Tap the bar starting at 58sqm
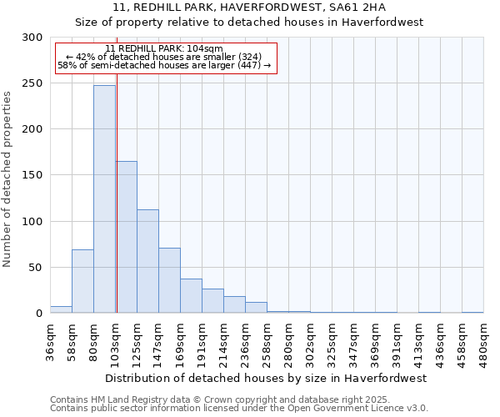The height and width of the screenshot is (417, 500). pos(82,281)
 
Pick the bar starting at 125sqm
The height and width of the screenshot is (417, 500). pos(147,261)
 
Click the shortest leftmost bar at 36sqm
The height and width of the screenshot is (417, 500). pos(61,309)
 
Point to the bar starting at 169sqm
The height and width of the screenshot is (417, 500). pos(191,296)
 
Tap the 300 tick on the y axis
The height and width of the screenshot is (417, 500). pos(32,38)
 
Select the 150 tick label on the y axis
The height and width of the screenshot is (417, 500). pos(32,175)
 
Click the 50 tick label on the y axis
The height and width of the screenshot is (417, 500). pos(36,268)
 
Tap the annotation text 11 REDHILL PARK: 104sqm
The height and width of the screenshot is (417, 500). pos(165,48)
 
